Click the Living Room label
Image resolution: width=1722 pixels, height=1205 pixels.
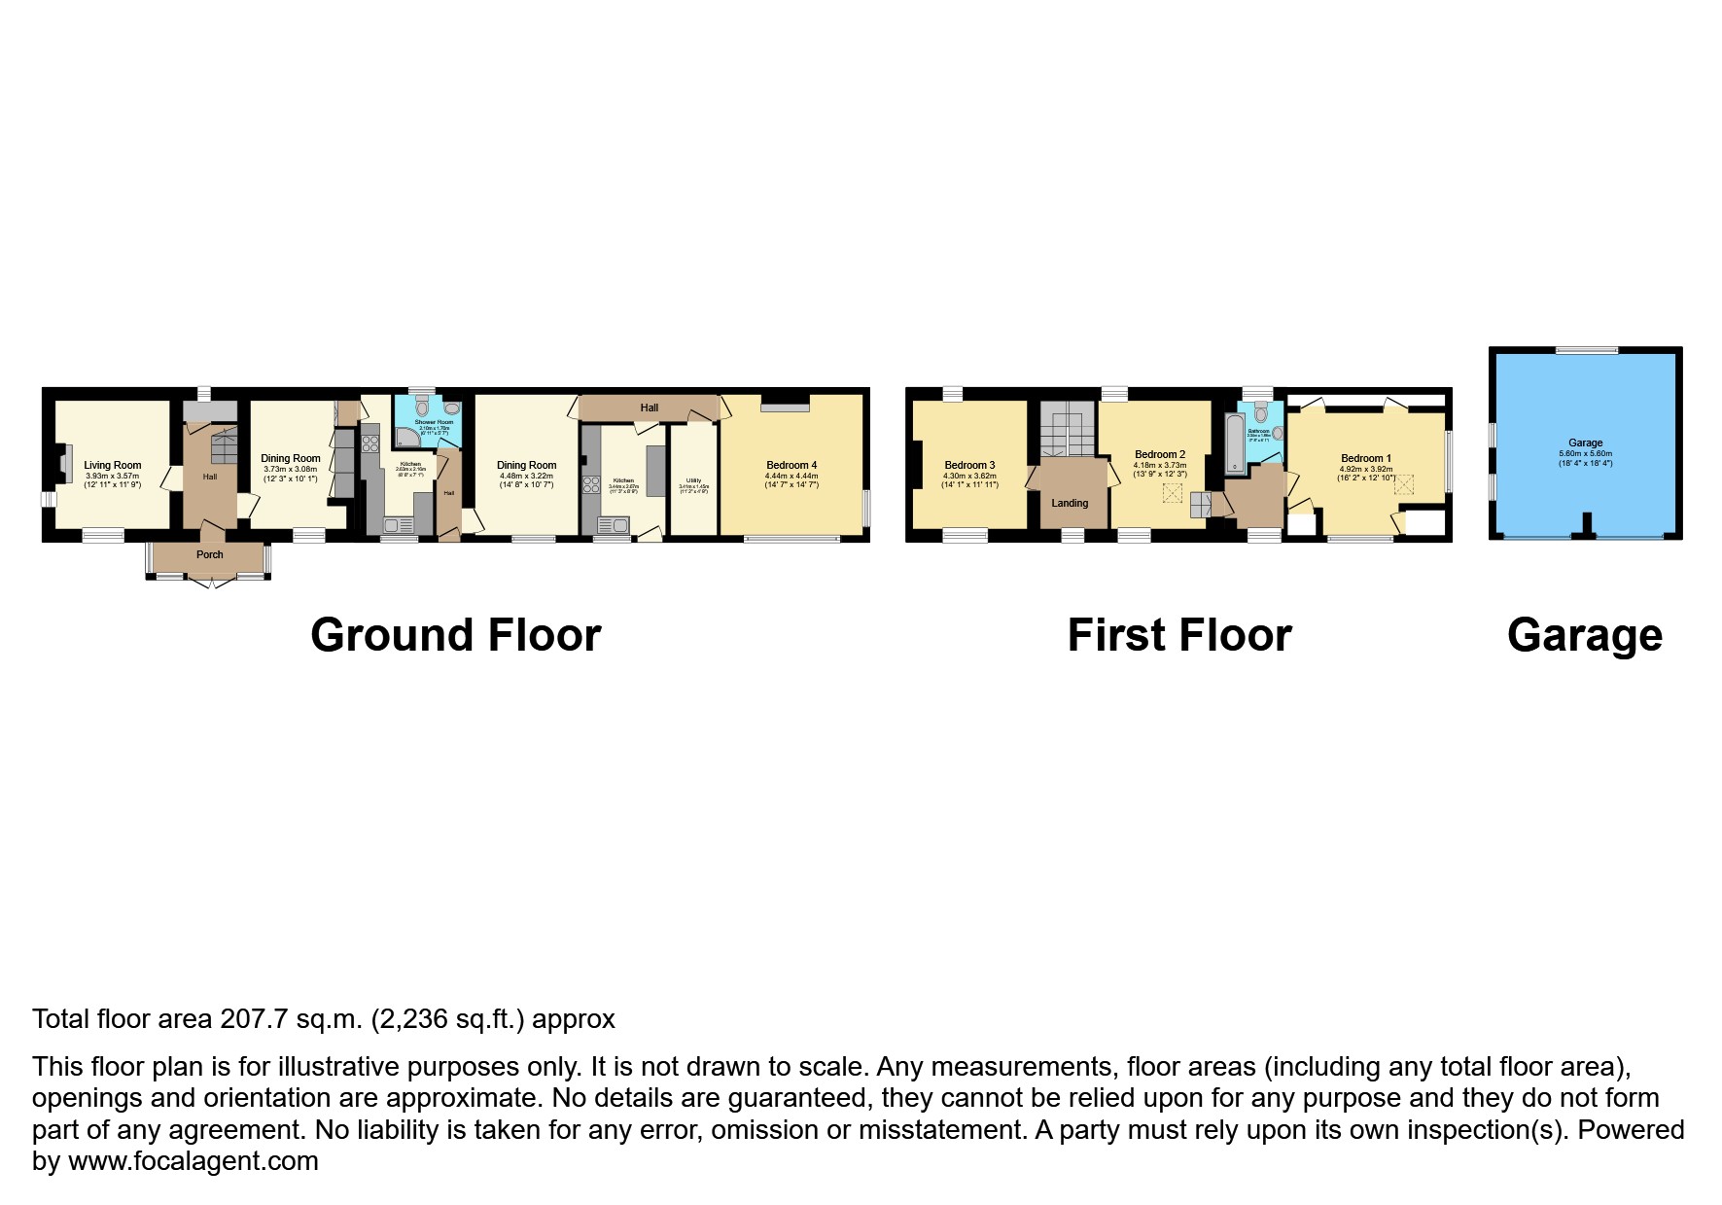[x=112, y=465]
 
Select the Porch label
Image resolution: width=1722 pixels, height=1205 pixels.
[x=209, y=554]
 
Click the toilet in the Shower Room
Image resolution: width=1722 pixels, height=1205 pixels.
[x=421, y=406]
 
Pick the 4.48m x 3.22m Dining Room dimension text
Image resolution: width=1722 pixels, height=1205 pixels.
[x=526, y=476]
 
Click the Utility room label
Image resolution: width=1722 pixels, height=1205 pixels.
[x=693, y=480]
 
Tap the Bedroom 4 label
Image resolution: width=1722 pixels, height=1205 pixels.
[x=791, y=465]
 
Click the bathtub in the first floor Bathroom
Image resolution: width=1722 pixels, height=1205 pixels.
[x=1234, y=443]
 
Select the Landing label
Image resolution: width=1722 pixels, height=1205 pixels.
[x=1070, y=503]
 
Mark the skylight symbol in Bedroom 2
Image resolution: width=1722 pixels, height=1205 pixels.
[x=1172, y=494]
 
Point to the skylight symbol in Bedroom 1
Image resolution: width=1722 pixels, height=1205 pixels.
[x=1403, y=483]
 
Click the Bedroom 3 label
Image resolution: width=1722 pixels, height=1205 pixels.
[x=969, y=465]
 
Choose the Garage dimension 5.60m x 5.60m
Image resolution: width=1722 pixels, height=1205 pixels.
[x=1585, y=453]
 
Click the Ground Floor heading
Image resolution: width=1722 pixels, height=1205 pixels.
[x=455, y=635]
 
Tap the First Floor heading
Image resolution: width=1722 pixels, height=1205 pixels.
[x=1178, y=635]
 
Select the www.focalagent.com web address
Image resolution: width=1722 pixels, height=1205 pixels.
[x=193, y=1161]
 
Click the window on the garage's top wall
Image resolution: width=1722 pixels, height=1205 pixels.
[x=1586, y=350]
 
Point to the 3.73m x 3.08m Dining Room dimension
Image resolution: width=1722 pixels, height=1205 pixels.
[x=290, y=469]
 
